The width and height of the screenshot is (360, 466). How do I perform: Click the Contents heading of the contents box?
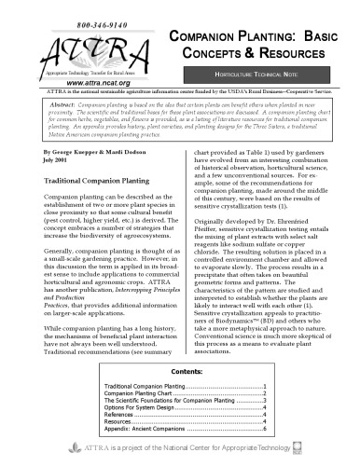tap(180, 369)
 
